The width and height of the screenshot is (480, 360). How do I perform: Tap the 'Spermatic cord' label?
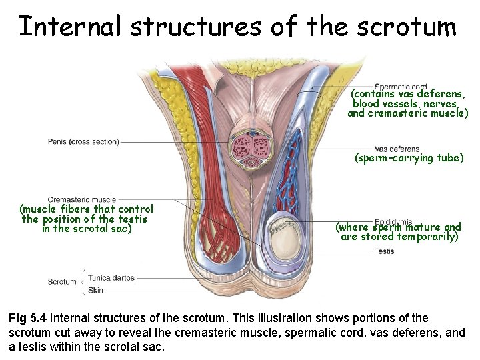point(400,87)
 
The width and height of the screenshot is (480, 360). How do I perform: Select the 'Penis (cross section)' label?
point(83,142)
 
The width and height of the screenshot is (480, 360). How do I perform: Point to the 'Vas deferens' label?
point(397,149)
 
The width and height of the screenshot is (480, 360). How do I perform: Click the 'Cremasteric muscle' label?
point(81,199)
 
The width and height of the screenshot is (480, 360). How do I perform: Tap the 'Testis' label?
point(384,251)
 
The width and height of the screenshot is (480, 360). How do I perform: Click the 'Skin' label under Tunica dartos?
point(95,291)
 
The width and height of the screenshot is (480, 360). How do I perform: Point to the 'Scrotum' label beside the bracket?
point(62,282)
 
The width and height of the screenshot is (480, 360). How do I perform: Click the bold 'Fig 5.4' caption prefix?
point(27,318)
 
